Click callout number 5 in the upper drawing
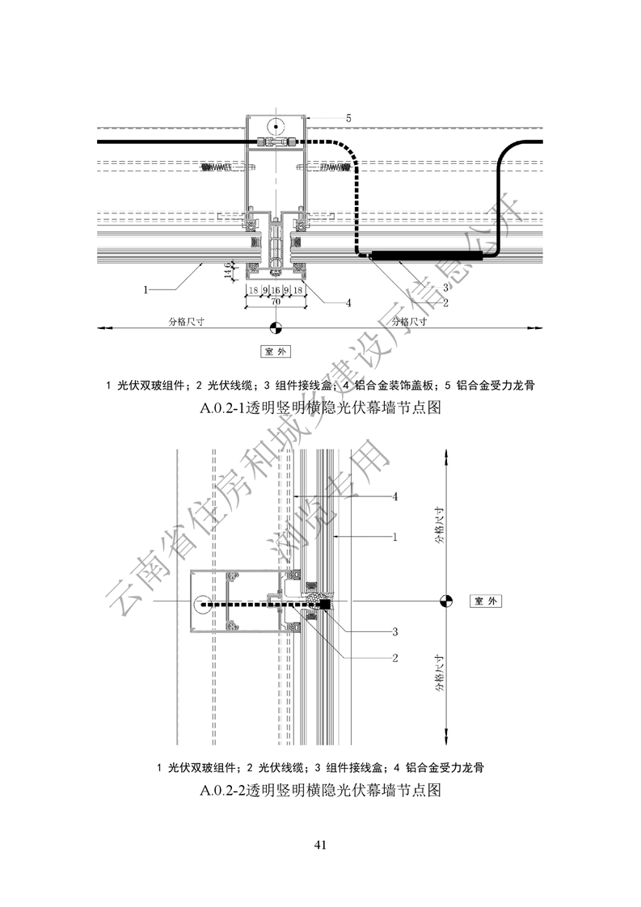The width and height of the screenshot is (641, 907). coord(348,118)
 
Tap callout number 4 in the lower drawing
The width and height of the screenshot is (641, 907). coord(395,496)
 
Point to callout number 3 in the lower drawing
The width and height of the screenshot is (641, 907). coord(395,631)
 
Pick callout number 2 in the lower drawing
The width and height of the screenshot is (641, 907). coord(395,658)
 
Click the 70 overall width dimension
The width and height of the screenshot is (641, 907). coord(275,301)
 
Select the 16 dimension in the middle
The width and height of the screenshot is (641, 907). coord(275,289)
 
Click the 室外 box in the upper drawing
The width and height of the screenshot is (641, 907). coord(275,352)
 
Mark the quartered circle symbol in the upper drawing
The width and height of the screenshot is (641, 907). coord(275,327)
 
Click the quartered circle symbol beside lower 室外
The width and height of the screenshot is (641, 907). coord(445,601)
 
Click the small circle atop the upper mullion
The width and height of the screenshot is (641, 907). coord(275,126)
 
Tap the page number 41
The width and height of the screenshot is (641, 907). coord(320,846)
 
